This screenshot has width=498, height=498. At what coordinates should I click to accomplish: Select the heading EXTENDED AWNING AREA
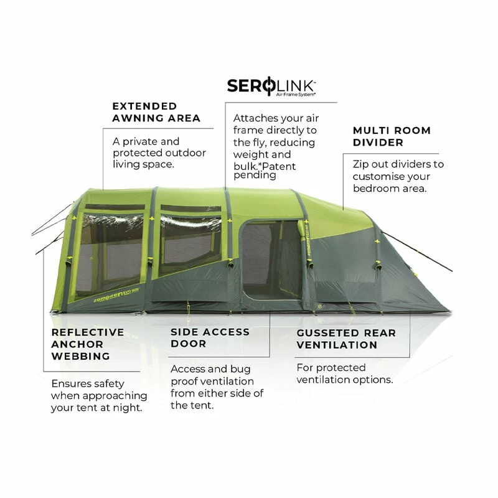coord(156,112)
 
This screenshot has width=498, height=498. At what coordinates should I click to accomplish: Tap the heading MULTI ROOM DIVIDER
coord(392,136)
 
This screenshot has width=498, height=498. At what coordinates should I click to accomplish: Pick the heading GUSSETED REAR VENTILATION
coord(345,339)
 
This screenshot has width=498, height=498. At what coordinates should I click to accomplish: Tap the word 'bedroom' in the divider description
coord(375,188)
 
